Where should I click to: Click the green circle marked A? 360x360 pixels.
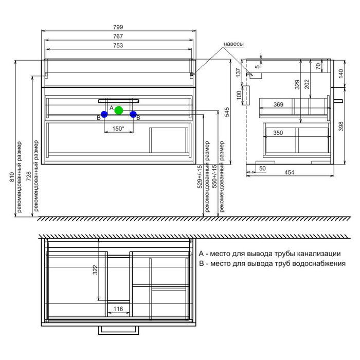[119, 111]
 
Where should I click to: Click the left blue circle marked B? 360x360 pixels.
[104, 114]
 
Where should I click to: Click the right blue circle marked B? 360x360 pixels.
[133, 114]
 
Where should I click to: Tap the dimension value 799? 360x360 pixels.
[118, 27]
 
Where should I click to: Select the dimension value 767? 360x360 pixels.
[118, 37]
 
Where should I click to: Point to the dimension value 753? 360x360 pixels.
[118, 45]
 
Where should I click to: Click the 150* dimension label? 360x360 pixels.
[118, 129]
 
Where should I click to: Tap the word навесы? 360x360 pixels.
[233, 44]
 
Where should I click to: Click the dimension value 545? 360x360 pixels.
[227, 112]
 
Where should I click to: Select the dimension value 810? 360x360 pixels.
[12, 177]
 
